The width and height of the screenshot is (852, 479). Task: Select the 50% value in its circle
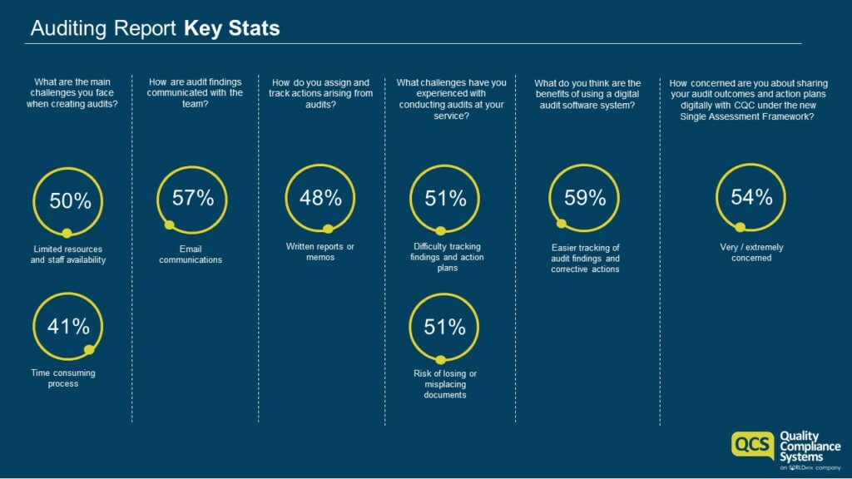[70, 201]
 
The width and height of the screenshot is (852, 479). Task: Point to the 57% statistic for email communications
[193, 198]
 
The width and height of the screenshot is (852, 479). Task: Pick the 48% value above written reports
[320, 198]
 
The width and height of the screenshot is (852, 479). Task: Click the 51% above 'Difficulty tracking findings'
[445, 199]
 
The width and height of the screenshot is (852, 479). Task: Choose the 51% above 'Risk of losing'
[445, 327]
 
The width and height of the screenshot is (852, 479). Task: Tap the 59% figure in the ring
[585, 198]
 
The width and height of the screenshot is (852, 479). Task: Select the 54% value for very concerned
[751, 197]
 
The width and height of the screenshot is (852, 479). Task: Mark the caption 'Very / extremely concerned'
[751, 252]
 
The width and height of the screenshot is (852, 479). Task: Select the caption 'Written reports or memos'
[320, 251]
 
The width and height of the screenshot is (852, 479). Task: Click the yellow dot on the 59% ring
[562, 223]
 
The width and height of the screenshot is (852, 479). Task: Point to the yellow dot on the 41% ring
[90, 350]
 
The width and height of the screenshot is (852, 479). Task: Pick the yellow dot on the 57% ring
[169, 225]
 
